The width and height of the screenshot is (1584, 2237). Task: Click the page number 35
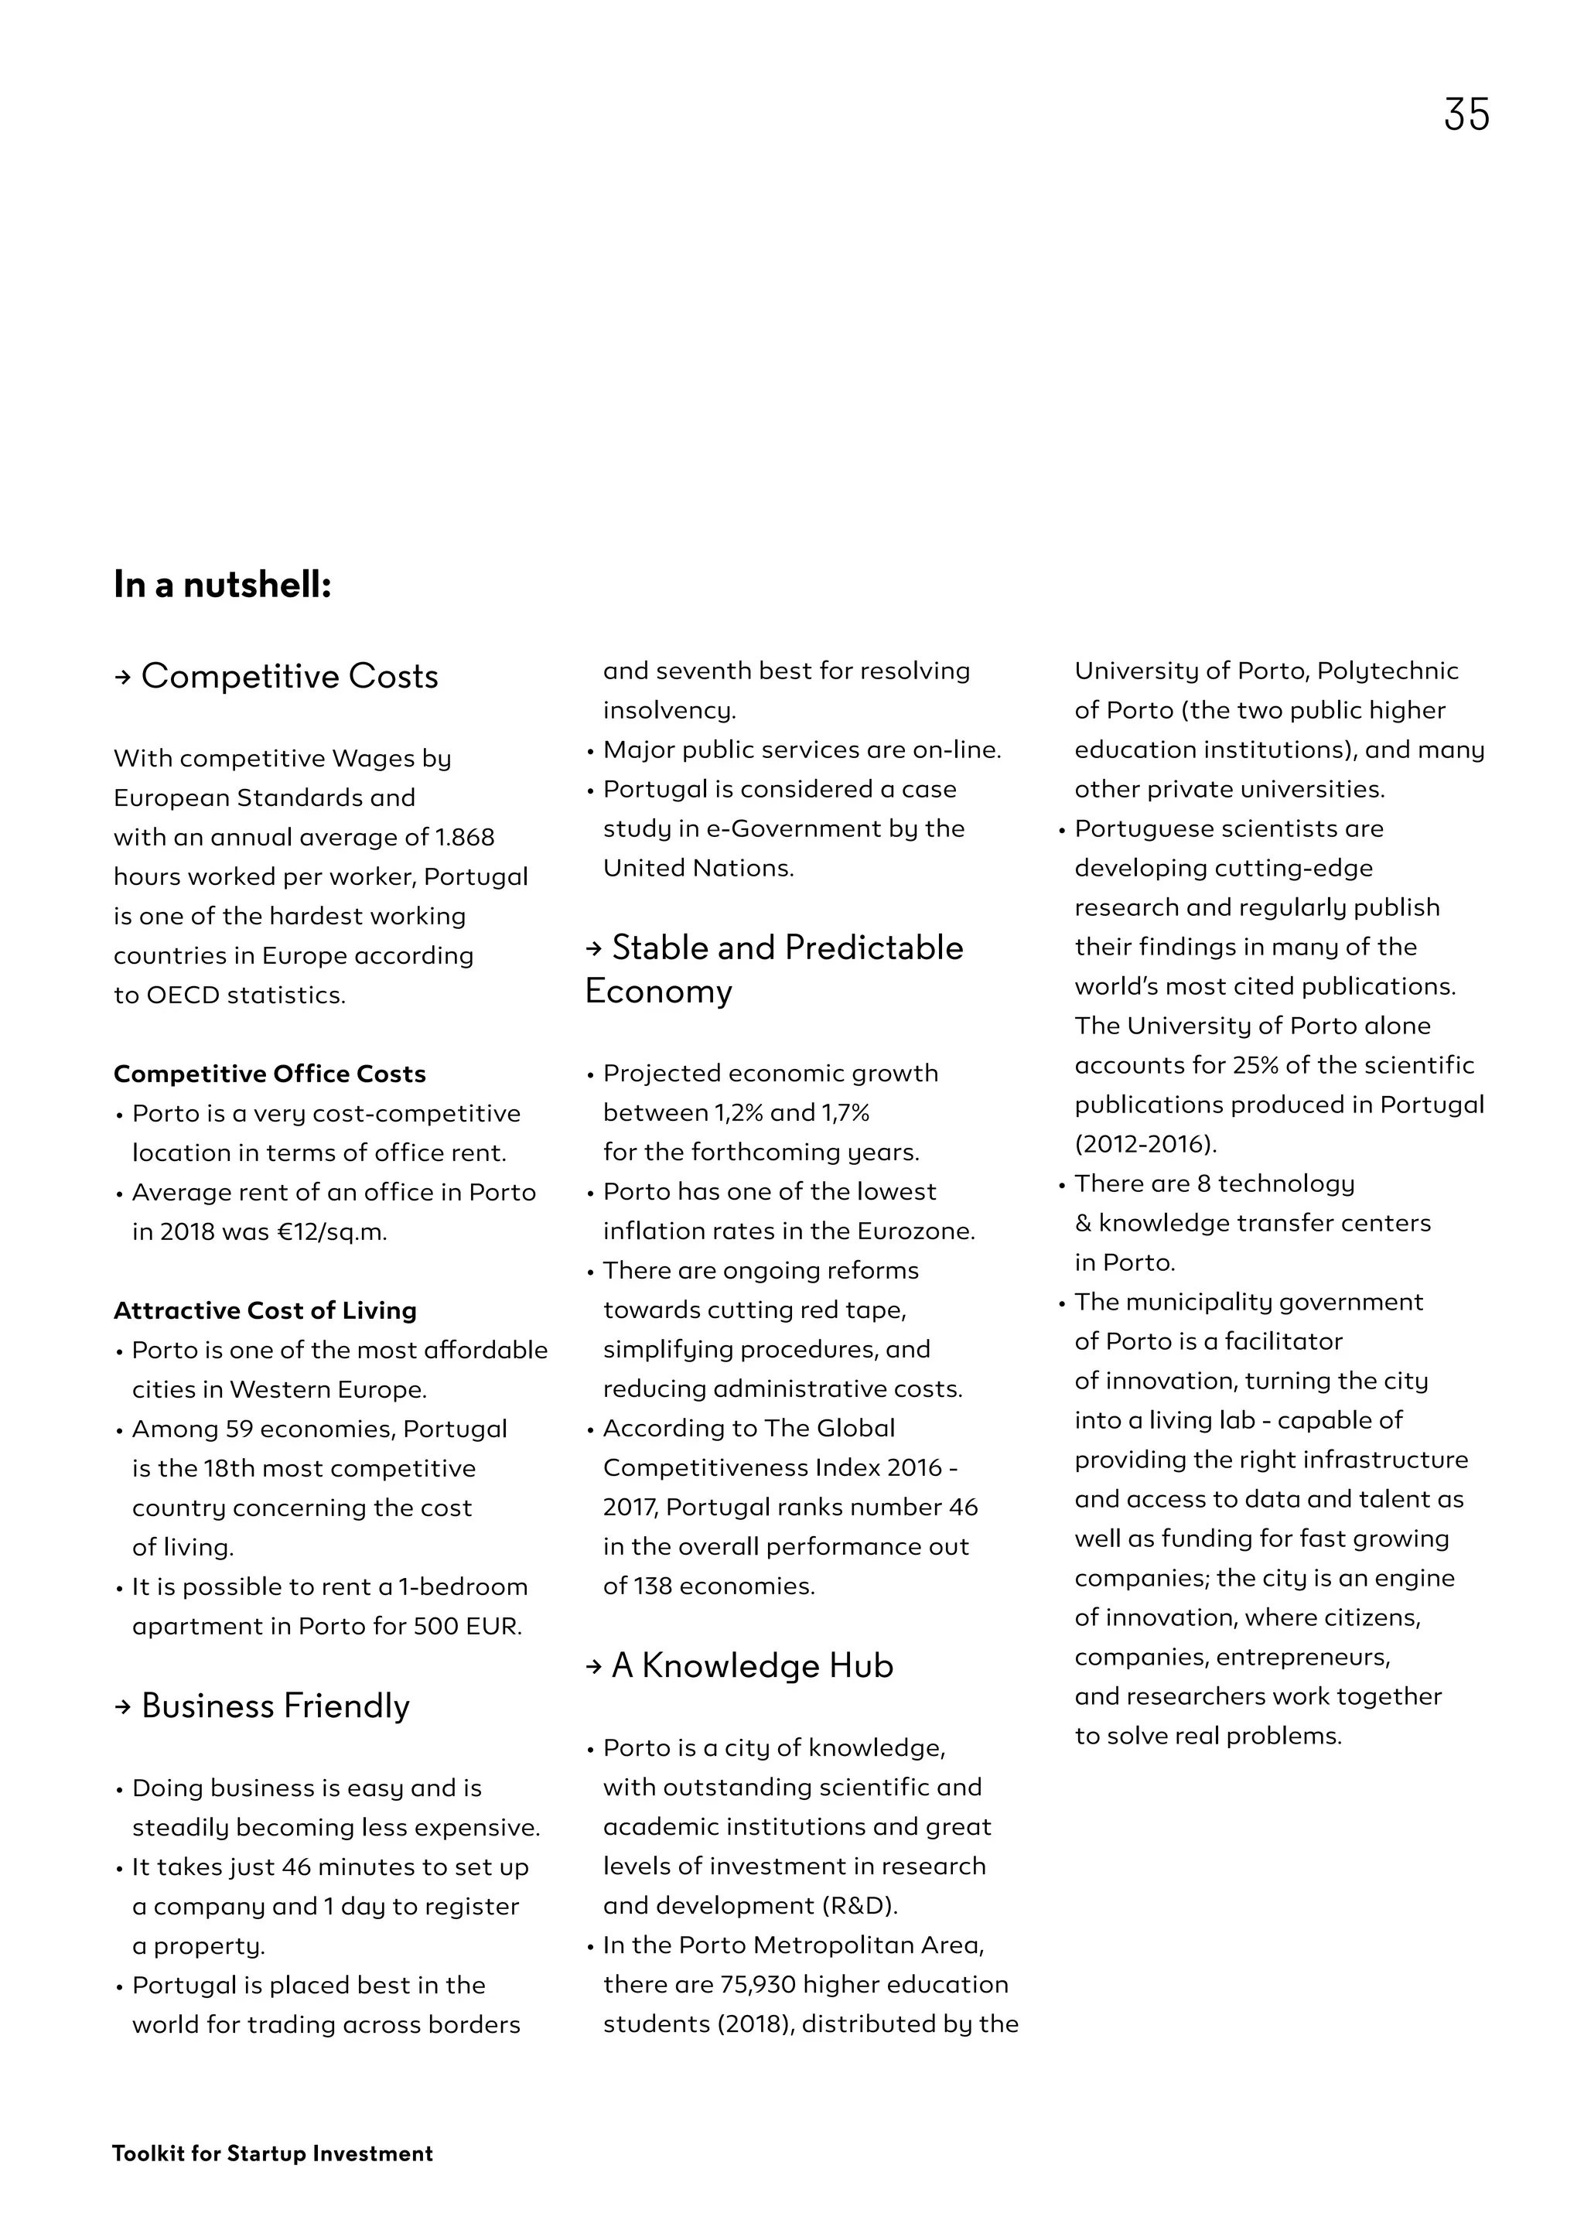1466,115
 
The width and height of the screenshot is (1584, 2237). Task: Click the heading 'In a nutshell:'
223,584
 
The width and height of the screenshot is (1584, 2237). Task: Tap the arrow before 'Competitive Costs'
122,677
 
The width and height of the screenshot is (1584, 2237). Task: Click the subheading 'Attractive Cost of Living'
265,1310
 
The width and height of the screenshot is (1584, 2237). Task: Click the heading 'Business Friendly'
275,1706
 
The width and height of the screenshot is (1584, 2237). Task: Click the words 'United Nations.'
698,867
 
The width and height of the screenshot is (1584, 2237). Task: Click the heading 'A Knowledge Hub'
752,1665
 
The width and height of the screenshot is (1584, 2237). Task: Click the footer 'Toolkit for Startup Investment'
272,2153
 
